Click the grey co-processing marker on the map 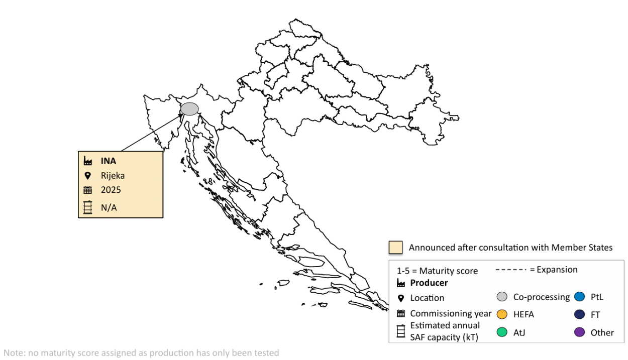[x=189, y=108]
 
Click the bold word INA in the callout [x=109, y=161]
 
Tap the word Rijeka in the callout [x=113, y=176]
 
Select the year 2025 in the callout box [x=111, y=190]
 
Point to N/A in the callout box [x=109, y=207]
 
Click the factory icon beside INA [x=88, y=161]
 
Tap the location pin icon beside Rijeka [x=88, y=176]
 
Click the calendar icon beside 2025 [x=88, y=190]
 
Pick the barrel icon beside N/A [x=88, y=207]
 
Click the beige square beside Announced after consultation [x=395, y=248]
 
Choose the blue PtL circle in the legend [x=579, y=297]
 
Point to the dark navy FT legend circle [x=579, y=314]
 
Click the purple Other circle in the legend [x=579, y=332]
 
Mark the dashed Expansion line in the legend [x=511, y=270]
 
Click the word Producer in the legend [x=429, y=283]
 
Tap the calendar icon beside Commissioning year [x=400, y=313]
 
